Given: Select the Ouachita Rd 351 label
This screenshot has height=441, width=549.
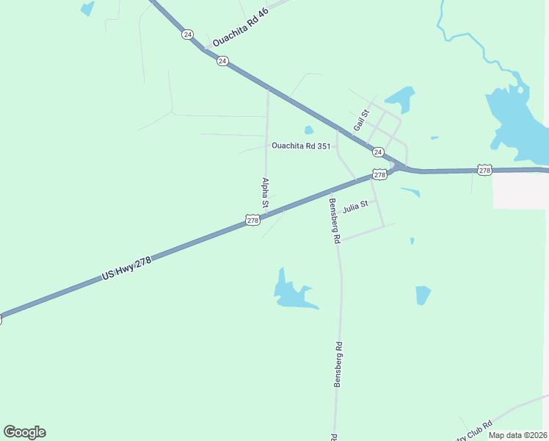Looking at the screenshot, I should [x=301, y=146].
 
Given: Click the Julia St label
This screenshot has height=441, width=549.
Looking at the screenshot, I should [x=355, y=207].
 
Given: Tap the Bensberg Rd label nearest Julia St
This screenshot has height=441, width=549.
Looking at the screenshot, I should [x=334, y=220].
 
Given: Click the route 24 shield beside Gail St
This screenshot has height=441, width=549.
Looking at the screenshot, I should [x=377, y=152].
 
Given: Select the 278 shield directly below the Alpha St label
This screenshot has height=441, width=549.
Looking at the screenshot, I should [x=252, y=220].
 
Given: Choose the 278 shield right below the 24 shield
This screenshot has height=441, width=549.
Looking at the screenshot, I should [x=379, y=174].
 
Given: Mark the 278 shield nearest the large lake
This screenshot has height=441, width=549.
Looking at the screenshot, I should [x=484, y=170].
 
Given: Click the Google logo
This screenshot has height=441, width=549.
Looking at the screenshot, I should [x=24, y=431].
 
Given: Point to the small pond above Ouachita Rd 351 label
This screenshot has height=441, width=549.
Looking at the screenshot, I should [x=309, y=130].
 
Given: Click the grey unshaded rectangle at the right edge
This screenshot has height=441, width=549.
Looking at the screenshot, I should [x=520, y=190].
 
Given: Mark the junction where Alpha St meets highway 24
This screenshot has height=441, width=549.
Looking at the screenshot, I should [x=267, y=90].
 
